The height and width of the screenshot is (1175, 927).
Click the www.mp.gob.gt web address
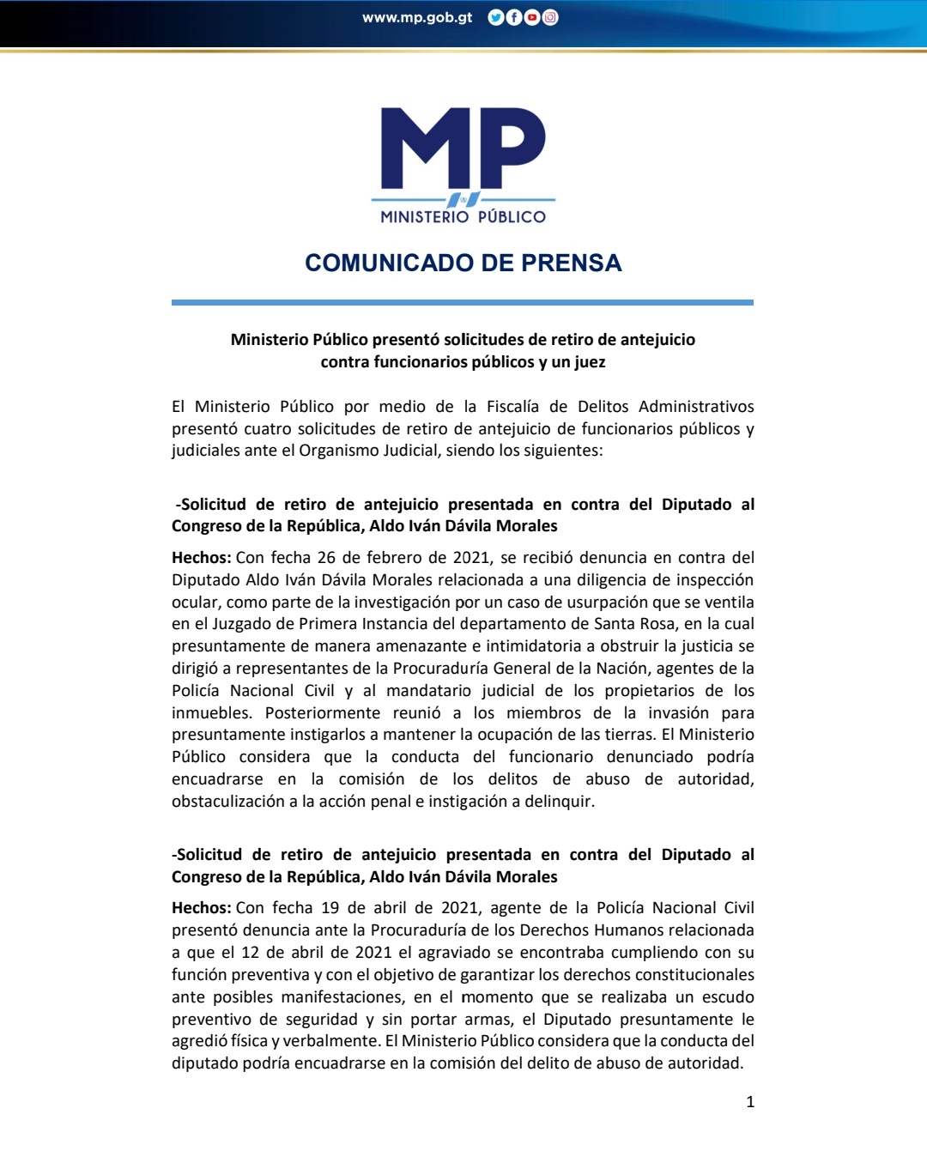coord(417,17)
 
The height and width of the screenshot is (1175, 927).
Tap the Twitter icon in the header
coord(495,17)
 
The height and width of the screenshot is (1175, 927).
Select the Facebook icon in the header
coord(514,17)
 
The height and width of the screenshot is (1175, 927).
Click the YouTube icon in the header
coord(532,17)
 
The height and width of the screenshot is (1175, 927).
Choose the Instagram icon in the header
coord(550,17)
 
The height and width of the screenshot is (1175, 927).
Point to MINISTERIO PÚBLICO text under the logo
coord(463,217)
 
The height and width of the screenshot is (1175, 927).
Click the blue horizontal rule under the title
coord(463,302)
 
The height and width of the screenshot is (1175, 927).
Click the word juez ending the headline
coord(590,362)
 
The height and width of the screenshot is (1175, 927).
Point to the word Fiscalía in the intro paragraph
coord(512,407)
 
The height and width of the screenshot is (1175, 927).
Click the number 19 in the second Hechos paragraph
coord(330,908)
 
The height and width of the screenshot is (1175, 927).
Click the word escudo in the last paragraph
coord(728,997)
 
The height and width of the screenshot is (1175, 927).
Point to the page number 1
coord(750,1102)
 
